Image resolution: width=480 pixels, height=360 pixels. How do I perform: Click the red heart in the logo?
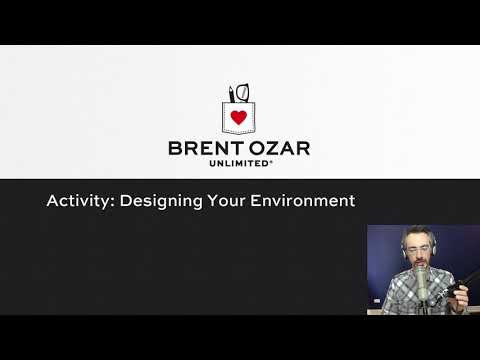click(x=238, y=117)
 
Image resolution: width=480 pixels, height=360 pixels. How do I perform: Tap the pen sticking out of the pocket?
click(x=231, y=94)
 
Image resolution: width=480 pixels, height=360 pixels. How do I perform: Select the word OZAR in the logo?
click(x=277, y=148)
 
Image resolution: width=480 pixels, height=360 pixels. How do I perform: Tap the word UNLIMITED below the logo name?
click(x=238, y=163)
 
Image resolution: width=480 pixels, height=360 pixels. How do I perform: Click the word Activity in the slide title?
click(x=79, y=201)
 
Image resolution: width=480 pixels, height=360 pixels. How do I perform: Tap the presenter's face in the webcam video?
click(x=416, y=250)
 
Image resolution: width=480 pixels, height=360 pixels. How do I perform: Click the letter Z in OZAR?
click(x=265, y=148)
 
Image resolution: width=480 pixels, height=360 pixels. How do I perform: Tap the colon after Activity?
click(x=112, y=202)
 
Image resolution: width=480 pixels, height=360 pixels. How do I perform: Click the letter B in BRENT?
click(x=175, y=148)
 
